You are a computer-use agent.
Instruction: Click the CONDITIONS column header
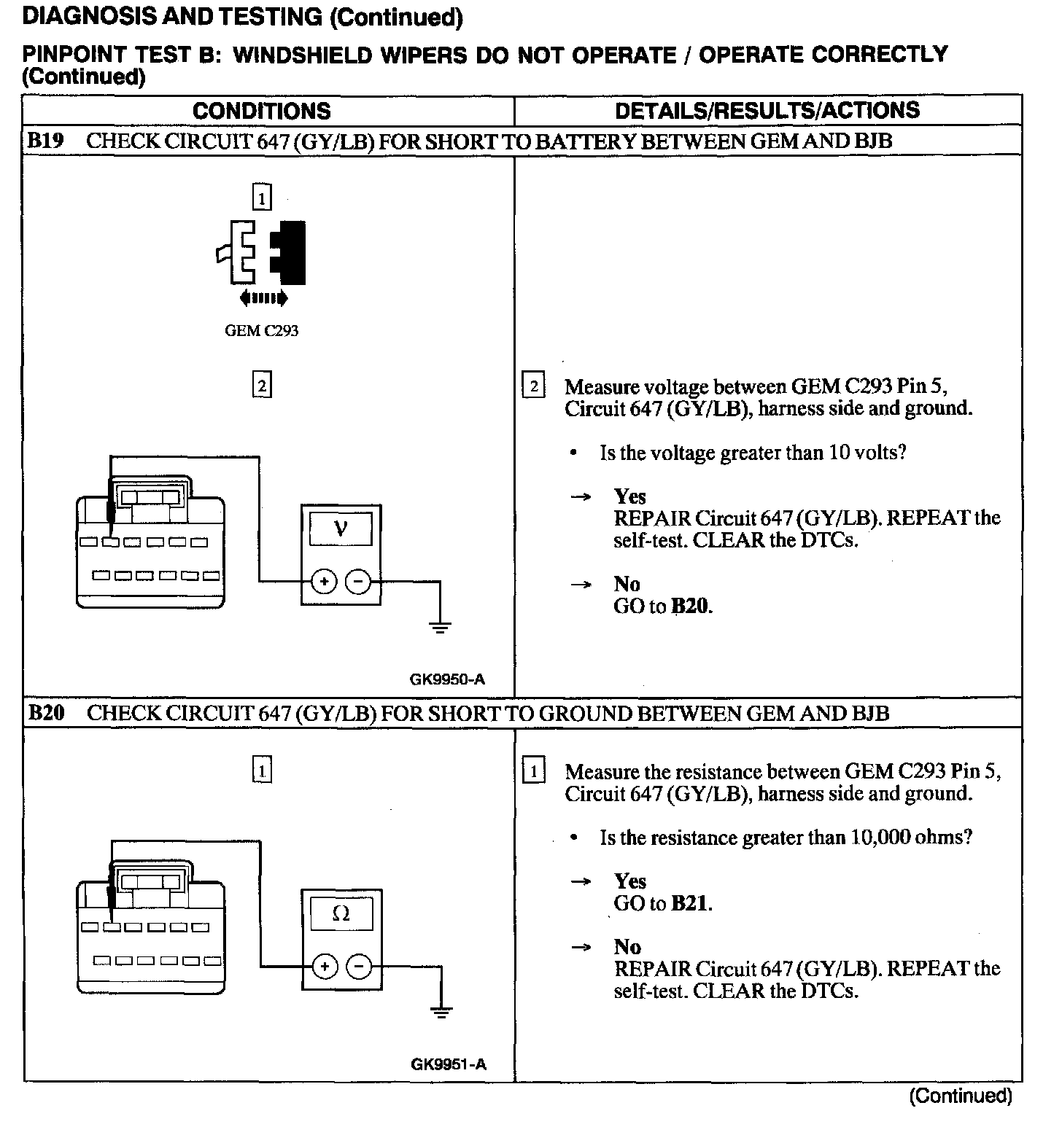coord(261,111)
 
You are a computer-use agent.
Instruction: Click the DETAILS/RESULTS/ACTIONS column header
coord(767,111)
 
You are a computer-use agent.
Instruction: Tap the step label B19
coord(45,141)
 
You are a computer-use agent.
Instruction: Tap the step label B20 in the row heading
coord(45,713)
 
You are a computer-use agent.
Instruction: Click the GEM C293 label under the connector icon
coord(261,331)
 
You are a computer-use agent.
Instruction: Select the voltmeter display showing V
coord(341,529)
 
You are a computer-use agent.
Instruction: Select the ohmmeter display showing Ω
coord(341,913)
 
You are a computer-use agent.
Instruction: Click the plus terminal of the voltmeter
coord(323,582)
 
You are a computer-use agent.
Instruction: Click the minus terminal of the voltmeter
coord(357,582)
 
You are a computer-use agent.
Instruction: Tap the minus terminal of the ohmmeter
coord(358,967)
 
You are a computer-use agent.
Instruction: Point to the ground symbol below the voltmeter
coord(440,626)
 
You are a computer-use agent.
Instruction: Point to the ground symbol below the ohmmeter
coord(441,1011)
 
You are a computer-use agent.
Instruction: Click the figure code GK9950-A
coord(447,679)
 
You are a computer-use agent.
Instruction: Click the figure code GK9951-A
coord(448,1064)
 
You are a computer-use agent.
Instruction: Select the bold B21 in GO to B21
coord(689,904)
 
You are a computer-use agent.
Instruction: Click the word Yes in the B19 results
coord(629,496)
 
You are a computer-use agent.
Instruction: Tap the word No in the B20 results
coord(627,947)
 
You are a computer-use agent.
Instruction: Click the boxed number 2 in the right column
coord(534,386)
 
